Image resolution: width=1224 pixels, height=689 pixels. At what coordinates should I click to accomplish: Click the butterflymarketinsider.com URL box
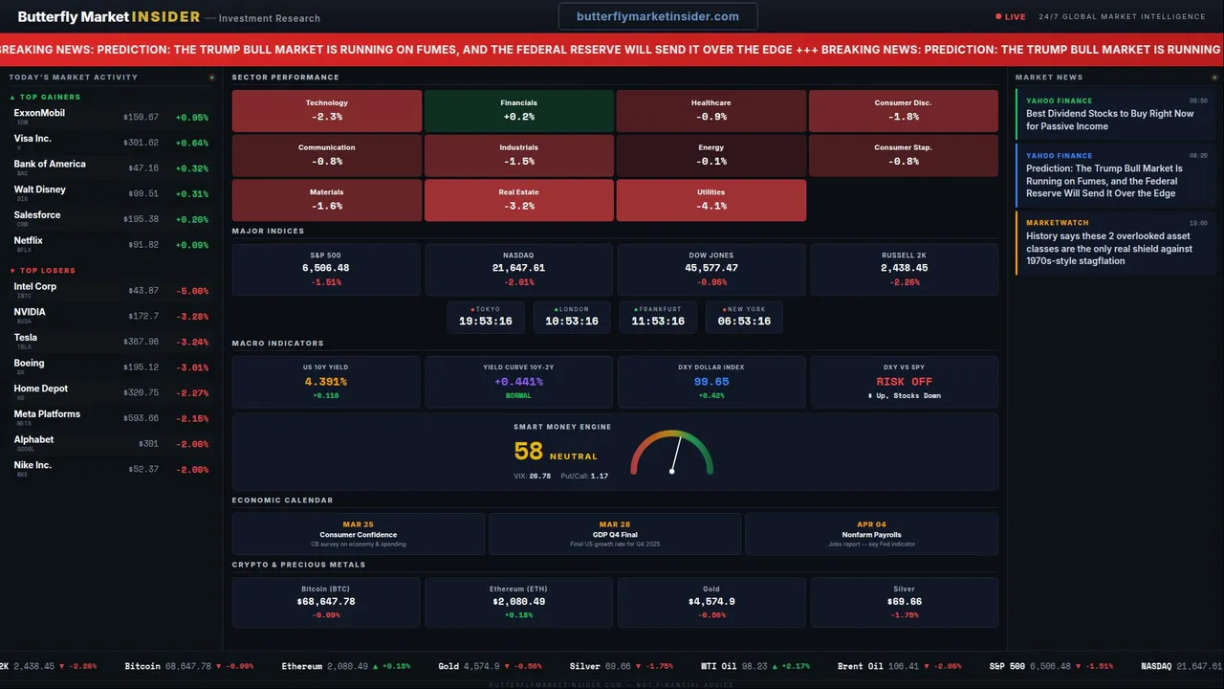(x=658, y=16)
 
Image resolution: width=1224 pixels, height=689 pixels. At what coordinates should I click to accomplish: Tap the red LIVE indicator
(x=1011, y=16)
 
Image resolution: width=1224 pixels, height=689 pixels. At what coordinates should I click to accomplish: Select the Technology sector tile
(x=326, y=110)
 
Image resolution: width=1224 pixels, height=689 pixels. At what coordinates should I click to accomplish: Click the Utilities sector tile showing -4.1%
(x=710, y=199)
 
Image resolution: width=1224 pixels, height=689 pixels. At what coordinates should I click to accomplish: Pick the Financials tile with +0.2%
(x=518, y=110)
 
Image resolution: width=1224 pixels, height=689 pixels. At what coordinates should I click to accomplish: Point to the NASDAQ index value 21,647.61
(x=518, y=269)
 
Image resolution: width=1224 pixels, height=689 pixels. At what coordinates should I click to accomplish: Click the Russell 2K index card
(x=904, y=269)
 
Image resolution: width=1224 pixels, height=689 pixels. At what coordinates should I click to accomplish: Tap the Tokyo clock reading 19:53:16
(x=486, y=322)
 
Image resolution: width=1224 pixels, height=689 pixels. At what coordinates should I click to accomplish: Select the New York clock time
(x=744, y=322)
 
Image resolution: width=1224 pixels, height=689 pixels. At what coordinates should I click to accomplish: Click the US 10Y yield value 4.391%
(x=326, y=382)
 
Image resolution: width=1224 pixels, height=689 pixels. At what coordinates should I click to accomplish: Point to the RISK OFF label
(x=904, y=382)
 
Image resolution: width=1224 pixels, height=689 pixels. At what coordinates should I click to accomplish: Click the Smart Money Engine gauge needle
(x=676, y=454)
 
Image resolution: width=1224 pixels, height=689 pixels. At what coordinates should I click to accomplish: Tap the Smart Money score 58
(x=528, y=452)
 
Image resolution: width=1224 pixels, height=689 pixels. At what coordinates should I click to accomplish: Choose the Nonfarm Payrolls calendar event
(x=871, y=534)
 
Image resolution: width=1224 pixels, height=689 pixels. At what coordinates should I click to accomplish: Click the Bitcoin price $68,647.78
(x=326, y=602)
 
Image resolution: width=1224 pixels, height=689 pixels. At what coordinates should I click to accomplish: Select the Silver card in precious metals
(x=904, y=602)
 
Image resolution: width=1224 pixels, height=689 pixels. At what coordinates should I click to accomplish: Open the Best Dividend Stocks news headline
(x=1109, y=120)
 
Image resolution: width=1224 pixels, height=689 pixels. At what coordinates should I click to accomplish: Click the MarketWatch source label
(x=1057, y=223)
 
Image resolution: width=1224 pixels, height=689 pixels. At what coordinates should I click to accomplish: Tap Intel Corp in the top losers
(x=35, y=286)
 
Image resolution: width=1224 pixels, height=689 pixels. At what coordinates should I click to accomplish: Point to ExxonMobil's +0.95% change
(x=191, y=118)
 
